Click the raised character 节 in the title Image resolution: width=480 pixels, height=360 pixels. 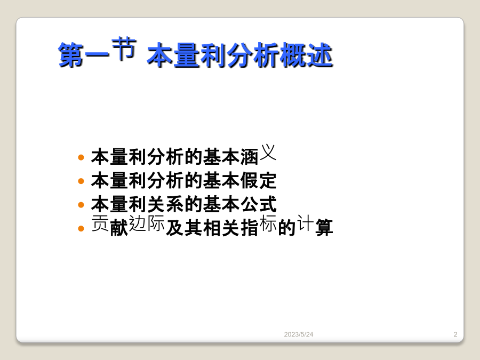124,49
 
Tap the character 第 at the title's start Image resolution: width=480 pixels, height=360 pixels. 71,55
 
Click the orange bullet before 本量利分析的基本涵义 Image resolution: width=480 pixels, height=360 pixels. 81,157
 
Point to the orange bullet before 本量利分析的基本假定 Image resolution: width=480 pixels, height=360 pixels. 81,181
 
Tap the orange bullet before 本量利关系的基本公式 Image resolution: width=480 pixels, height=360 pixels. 81,204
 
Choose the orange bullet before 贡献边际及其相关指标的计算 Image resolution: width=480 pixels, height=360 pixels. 81,228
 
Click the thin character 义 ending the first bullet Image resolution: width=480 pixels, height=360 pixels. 268,152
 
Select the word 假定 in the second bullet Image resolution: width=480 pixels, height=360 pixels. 258,180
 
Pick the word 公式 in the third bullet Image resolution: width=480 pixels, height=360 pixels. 258,204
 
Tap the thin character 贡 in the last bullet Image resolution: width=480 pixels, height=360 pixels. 100,223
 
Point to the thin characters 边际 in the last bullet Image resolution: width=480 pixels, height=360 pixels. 147,223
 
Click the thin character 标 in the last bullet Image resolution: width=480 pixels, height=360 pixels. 268,223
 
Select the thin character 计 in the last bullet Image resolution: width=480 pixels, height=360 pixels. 306,222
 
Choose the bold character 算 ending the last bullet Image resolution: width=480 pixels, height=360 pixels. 324,227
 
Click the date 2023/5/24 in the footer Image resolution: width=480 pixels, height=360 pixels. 299,334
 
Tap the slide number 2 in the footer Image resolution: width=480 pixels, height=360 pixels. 455,334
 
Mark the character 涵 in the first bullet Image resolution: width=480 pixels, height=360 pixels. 250,157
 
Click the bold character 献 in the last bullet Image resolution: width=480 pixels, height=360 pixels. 119,227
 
